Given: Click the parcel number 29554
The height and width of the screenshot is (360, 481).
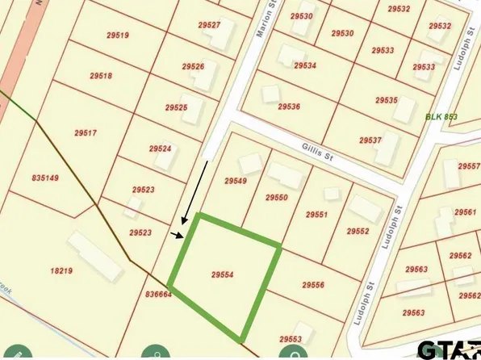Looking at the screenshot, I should tap(222, 274).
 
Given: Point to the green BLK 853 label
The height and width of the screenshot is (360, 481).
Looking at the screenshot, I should tap(441, 117).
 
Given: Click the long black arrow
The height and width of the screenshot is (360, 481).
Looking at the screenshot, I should tap(196, 192).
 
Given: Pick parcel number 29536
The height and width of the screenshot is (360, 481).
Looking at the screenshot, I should tap(289, 106).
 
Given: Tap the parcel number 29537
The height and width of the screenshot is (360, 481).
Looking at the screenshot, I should tap(370, 140).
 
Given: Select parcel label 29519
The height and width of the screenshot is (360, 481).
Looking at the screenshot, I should tap(117, 36).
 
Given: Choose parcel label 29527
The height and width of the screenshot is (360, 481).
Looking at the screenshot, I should tap(210, 25).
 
